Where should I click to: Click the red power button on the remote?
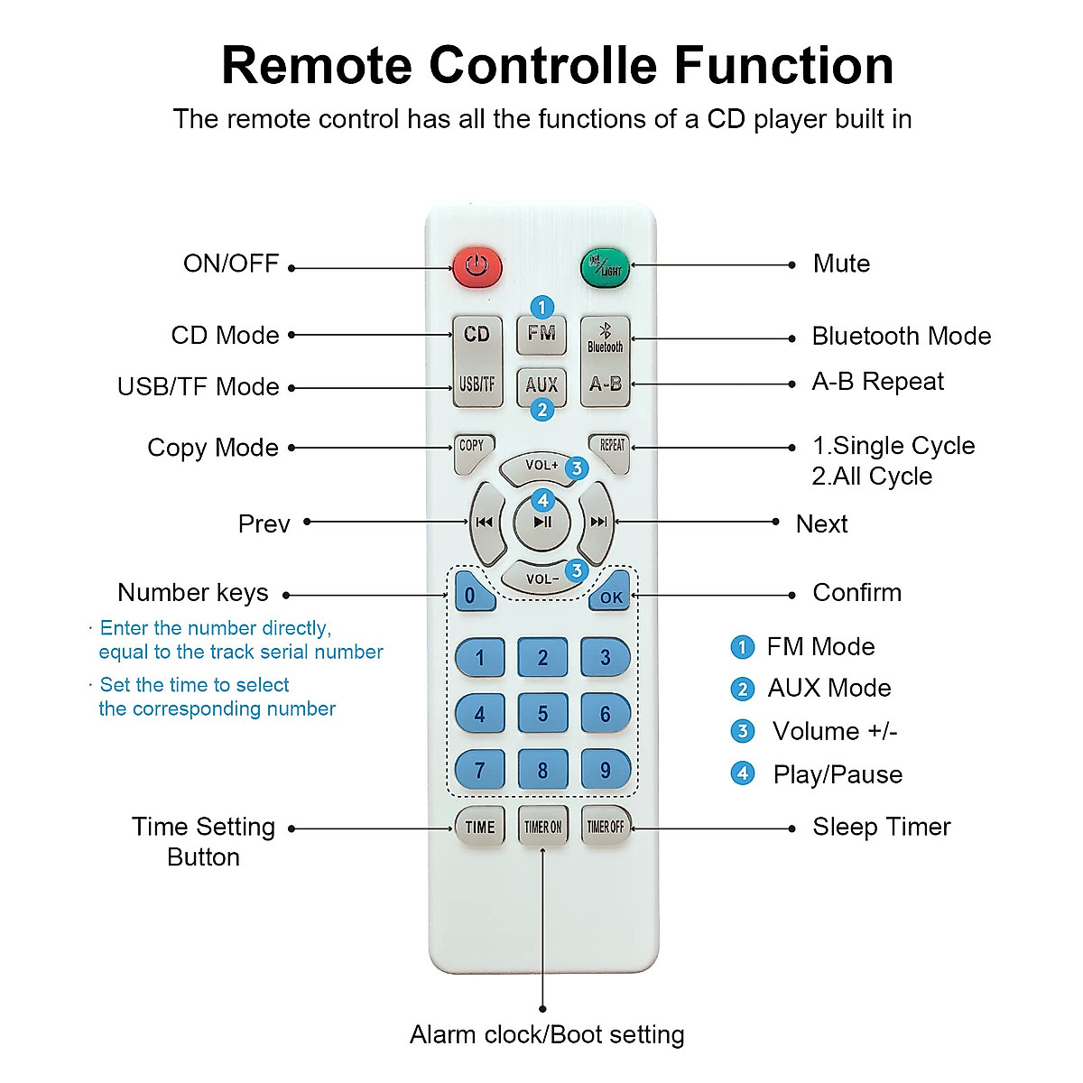click(x=477, y=267)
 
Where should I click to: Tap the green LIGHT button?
click(x=605, y=267)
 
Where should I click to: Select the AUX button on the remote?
click(x=541, y=386)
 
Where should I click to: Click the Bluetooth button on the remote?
click(x=606, y=338)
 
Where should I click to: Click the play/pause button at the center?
click(x=542, y=523)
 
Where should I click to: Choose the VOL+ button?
click(x=541, y=467)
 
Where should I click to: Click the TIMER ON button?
click(x=543, y=826)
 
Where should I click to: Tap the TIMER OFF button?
click(x=606, y=826)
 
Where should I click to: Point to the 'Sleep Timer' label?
click(x=881, y=827)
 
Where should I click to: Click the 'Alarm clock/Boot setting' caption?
click(x=547, y=1034)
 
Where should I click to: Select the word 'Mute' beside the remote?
click(x=841, y=264)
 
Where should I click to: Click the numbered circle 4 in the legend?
click(x=743, y=773)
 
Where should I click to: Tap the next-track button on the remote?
click(x=597, y=523)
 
